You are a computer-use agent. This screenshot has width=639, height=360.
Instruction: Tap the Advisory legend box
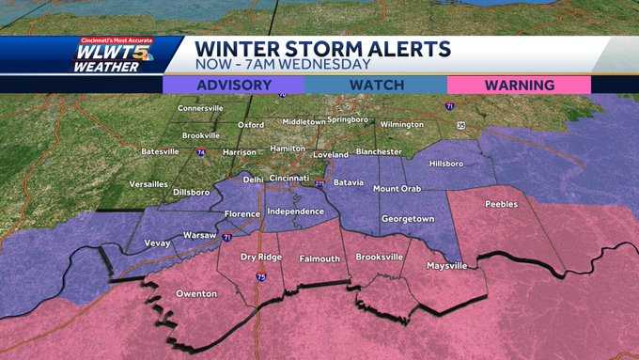[x=233, y=85]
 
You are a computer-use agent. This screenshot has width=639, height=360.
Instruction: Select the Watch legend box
[x=376, y=85]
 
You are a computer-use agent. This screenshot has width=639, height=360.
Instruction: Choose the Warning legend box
[x=519, y=85]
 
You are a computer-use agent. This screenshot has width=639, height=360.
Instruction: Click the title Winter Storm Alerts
[x=322, y=49]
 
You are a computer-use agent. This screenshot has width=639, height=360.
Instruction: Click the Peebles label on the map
[x=501, y=204]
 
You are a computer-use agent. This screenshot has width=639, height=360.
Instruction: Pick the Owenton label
[x=196, y=294]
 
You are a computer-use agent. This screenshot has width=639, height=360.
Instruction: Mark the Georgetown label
[x=408, y=219]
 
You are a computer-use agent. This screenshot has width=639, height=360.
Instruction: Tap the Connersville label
[x=200, y=108]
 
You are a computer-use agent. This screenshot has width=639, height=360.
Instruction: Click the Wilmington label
[x=402, y=124]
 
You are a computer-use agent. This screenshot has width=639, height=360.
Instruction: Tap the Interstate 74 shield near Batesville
[x=200, y=151]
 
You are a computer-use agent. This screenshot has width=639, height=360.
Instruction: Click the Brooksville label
[x=380, y=257]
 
